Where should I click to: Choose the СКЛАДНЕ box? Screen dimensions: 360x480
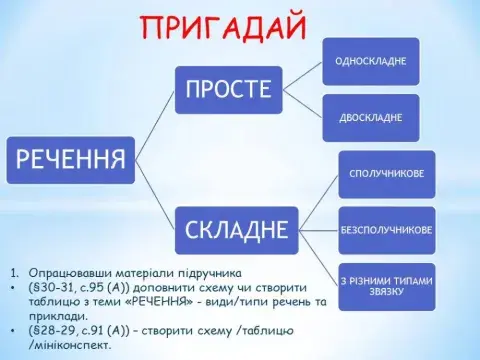coord(237,229)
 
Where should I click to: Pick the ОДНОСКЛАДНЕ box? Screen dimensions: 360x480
coord(370,61)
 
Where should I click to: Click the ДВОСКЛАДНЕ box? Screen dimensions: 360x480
coord(370,118)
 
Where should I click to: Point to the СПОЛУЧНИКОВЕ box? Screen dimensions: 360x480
coord(387,174)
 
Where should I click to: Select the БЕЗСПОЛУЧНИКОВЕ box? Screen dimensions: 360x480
coord(386,229)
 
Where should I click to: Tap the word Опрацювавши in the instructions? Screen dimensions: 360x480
coord(75,273)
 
